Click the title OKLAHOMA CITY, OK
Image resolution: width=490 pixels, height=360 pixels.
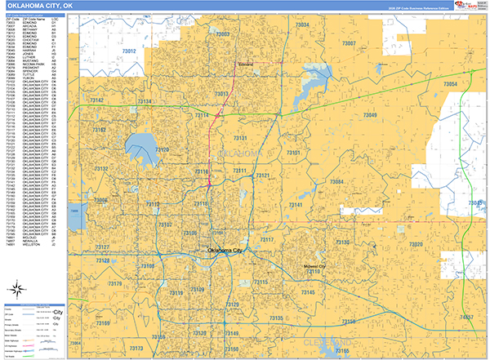click(45, 6)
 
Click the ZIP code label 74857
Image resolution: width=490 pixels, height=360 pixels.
click(466, 317)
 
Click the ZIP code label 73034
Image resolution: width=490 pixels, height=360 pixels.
click(302, 26)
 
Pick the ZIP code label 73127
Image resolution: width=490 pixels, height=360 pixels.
click(102, 247)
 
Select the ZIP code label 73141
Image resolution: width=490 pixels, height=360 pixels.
click(296, 205)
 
